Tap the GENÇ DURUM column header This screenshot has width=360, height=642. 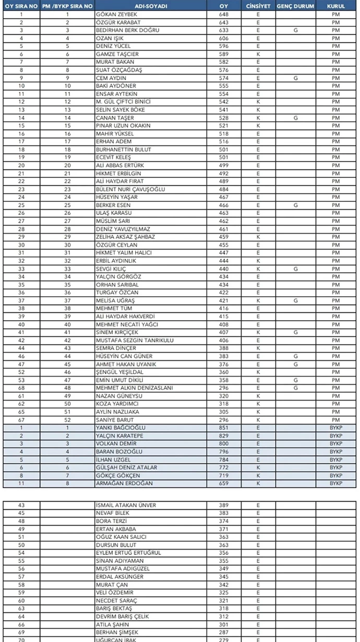pos(295,6)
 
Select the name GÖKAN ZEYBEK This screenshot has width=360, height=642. pos(113,15)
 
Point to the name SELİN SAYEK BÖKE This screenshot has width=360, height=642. pos(119,110)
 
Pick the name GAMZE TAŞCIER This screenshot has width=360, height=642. pos(117,54)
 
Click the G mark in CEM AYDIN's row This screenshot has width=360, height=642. pos(295,78)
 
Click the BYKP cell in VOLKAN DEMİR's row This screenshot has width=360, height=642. pos(335,443)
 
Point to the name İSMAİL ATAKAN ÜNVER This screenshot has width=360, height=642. pos(126,505)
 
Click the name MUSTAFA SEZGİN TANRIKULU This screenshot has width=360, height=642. pos(135,341)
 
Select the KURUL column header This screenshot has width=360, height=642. pos(335,6)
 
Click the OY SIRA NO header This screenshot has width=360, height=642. pos(21,6)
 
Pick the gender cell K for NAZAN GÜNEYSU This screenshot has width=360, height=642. pos(258,396)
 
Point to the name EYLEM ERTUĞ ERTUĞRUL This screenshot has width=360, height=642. pos(128,553)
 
